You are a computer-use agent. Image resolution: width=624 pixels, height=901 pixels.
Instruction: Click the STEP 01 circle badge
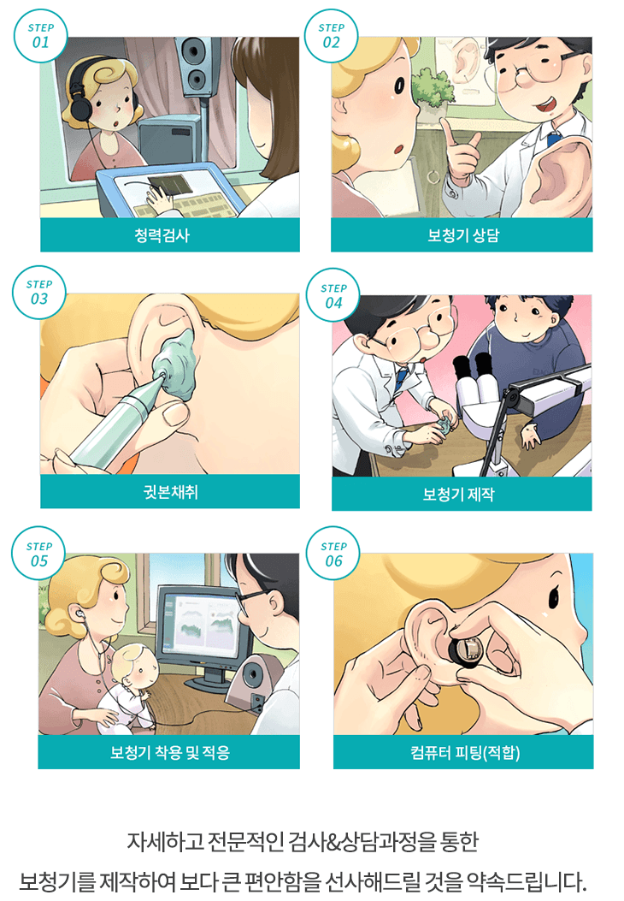(x=40, y=36)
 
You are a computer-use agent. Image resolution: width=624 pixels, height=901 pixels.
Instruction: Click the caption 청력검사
(x=162, y=235)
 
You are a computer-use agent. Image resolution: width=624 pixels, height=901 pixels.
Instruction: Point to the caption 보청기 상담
(x=462, y=235)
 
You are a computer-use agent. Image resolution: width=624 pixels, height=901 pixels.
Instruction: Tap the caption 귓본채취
(x=170, y=492)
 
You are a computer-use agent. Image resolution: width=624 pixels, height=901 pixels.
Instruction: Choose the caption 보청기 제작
(x=458, y=495)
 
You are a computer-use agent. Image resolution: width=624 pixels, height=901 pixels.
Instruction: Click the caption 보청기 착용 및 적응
(x=170, y=752)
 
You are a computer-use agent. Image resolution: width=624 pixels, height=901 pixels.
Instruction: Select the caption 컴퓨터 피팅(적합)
(x=465, y=752)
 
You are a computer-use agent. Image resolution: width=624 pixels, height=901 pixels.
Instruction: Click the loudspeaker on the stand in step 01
(x=198, y=66)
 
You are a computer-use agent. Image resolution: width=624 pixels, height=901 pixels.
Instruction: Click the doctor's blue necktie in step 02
(x=553, y=139)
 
